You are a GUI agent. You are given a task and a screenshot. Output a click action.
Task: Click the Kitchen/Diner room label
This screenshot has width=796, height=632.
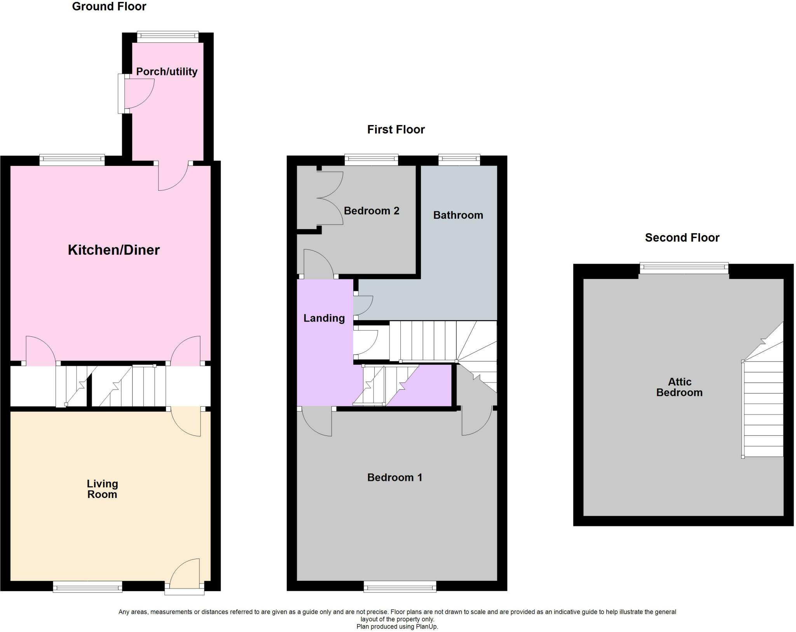pyautogui.click(x=113, y=250)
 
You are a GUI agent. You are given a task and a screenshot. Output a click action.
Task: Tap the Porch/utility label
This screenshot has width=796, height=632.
pyautogui.click(x=167, y=71)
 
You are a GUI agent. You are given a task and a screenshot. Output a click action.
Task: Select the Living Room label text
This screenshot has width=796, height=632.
pyautogui.click(x=102, y=489)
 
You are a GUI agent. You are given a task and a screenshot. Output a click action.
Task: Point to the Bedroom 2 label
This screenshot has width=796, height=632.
pyautogui.click(x=372, y=211)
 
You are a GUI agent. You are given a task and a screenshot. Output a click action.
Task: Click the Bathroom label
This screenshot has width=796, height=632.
pyautogui.click(x=458, y=215)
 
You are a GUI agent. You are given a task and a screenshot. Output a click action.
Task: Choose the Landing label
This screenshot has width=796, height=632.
pyautogui.click(x=324, y=318)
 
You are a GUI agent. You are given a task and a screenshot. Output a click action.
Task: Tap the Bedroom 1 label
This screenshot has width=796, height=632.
pyautogui.click(x=395, y=477)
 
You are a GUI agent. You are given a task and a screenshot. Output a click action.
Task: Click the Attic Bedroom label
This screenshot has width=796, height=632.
pyautogui.click(x=679, y=387)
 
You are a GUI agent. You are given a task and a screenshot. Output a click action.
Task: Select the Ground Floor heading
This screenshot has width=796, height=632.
pyautogui.click(x=109, y=7)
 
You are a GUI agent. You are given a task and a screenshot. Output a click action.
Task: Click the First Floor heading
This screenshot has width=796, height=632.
pyautogui.click(x=396, y=129)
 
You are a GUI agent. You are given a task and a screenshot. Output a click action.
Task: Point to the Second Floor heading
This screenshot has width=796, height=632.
pyautogui.click(x=682, y=237)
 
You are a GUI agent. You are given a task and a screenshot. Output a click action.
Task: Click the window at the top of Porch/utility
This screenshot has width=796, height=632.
pyautogui.click(x=168, y=37)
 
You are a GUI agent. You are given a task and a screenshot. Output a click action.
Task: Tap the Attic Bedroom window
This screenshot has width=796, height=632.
pyautogui.click(x=684, y=268)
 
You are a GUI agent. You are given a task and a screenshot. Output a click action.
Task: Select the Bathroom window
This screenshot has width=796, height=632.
pyautogui.click(x=459, y=159)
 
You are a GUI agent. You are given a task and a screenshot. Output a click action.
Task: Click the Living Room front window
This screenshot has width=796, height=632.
pyautogui.click(x=87, y=586)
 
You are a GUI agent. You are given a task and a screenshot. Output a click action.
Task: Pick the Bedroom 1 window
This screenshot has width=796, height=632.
pyautogui.click(x=400, y=586)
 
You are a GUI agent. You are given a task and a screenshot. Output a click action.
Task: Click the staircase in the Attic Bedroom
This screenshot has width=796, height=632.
pyautogui.click(x=763, y=408)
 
